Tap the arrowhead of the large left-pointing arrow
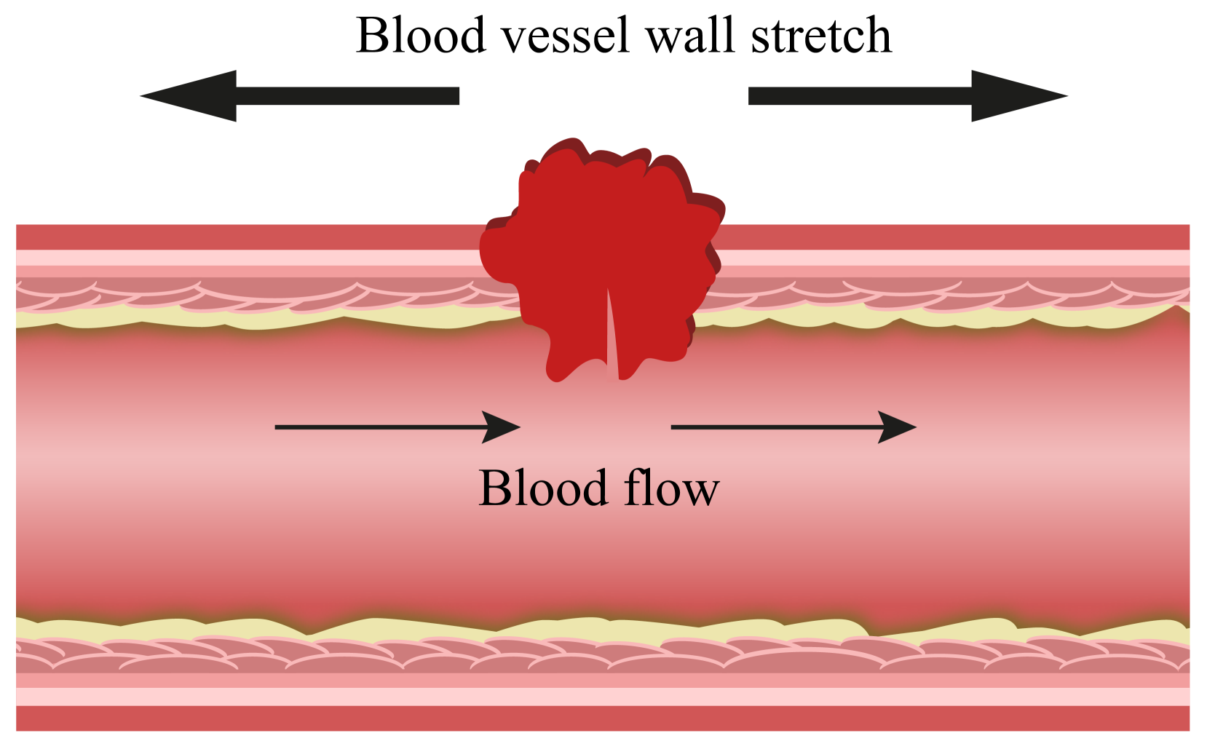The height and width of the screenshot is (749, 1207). click(193, 96)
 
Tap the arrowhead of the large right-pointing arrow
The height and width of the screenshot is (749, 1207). click(1016, 96)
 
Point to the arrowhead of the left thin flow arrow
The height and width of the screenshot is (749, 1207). click(502, 427)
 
